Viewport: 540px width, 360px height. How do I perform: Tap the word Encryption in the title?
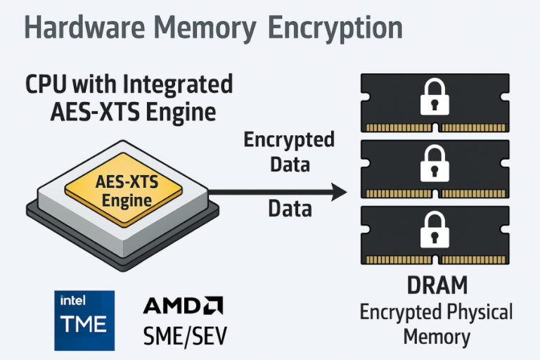coord(336,28)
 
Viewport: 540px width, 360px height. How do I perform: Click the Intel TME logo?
coord(84,319)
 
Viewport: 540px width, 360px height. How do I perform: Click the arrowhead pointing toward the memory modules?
coord(338,191)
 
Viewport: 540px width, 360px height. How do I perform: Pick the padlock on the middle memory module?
coord(435,166)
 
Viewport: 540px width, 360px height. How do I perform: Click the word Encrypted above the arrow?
coord(289,140)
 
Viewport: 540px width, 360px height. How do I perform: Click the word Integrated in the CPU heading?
coord(177,85)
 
